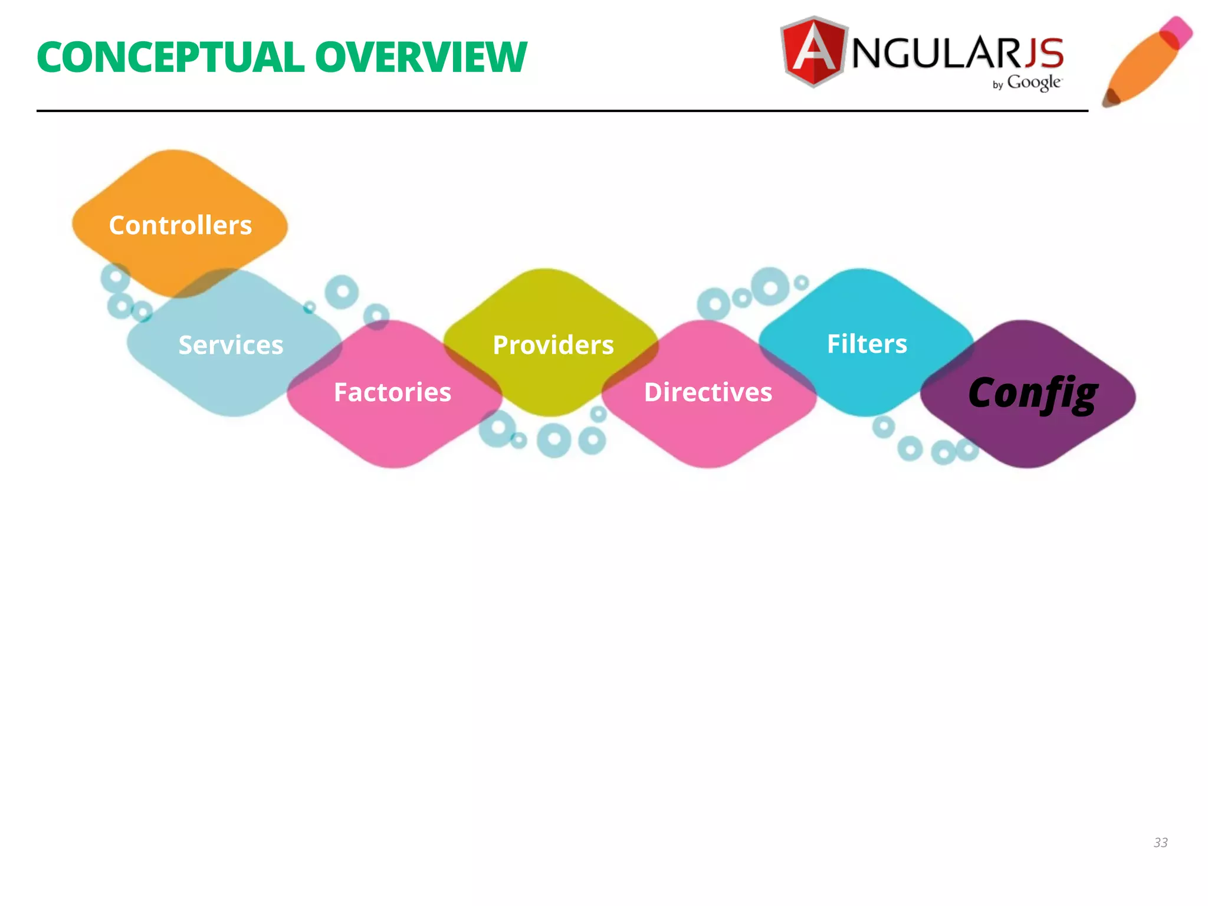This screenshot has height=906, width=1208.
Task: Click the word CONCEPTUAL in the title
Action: coord(170,58)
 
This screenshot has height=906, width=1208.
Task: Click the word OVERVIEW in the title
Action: coord(421,58)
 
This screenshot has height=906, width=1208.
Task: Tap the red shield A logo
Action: coord(814,52)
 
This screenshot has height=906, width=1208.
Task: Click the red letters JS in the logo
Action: coord(1044,53)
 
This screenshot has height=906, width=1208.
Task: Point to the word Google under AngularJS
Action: coord(1035,83)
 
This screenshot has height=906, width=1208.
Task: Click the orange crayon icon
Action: coord(1144,62)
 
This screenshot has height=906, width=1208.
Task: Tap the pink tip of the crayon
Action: coord(1177,29)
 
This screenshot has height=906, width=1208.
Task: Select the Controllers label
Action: coord(180,225)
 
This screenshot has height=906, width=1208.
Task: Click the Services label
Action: coord(231,345)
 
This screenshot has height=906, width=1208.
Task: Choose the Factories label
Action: coord(392,392)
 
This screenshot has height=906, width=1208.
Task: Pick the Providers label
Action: coord(553,345)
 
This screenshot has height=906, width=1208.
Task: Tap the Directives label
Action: coord(708,392)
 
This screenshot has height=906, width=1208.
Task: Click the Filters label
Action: coord(866,344)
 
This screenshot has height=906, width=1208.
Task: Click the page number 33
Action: coord(1160,842)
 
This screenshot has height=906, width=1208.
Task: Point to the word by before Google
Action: coord(997,85)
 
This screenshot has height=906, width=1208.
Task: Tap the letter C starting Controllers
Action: coord(118,225)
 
